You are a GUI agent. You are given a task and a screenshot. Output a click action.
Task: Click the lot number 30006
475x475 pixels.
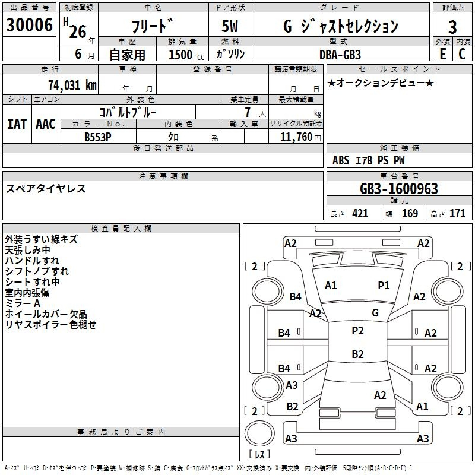point(29,25)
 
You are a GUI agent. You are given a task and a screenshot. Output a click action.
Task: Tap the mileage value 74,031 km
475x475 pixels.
point(72,85)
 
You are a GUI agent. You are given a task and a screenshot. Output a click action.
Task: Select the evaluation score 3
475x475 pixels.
point(452,27)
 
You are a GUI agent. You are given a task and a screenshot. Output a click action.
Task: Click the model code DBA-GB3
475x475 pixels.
point(340,55)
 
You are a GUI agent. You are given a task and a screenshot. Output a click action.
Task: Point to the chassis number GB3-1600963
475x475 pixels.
point(399,189)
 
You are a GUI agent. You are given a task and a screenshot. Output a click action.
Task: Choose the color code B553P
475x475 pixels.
point(98,137)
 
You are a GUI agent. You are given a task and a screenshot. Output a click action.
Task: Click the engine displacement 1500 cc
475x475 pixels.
point(186,55)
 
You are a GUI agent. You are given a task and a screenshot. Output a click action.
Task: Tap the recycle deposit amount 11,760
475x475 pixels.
point(296,137)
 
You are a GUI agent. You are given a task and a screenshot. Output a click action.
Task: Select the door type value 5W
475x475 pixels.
point(230,26)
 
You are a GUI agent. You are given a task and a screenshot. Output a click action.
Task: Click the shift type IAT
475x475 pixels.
point(17,124)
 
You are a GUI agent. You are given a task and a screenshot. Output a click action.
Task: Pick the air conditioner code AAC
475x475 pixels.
point(46,124)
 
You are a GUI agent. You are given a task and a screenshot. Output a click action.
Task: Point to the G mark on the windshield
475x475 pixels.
point(375,312)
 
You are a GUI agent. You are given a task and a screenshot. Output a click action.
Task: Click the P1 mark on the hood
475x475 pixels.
point(384,286)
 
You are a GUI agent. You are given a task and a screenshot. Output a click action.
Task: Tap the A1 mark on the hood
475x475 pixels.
point(331,286)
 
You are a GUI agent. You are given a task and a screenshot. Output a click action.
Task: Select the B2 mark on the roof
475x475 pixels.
point(358,354)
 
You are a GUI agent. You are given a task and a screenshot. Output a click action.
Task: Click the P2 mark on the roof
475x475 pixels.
point(358,331)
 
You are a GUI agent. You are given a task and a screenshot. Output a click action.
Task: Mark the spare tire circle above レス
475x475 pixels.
point(259,433)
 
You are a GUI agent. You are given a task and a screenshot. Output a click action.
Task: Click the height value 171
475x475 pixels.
point(457,214)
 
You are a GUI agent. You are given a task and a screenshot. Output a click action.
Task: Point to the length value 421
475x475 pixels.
point(360,214)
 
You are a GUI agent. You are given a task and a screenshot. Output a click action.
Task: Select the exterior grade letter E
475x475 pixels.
point(443,54)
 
